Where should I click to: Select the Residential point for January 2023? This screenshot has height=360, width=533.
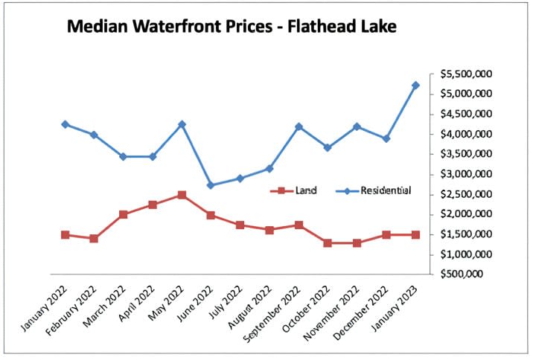pos(415,86)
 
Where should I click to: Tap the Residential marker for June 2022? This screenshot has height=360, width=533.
pos(211,185)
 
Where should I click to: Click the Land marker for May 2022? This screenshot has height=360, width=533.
pos(182,195)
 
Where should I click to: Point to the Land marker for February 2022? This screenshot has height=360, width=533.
pos(94,239)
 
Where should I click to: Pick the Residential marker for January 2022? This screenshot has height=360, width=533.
pos(65,124)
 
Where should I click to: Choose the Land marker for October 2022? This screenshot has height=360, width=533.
pos(328,243)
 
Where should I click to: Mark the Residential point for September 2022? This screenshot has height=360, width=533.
pos(299,126)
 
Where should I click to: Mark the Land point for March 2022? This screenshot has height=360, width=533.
pos(123,214)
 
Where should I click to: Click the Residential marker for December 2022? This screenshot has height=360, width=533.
pos(386,138)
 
